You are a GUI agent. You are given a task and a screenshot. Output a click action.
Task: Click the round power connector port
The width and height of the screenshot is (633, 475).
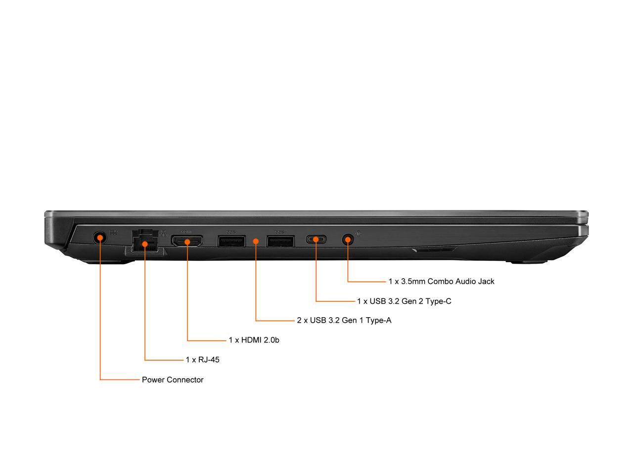tap(100, 238)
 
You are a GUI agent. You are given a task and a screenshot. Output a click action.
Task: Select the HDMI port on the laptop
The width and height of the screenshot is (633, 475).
tap(187, 241)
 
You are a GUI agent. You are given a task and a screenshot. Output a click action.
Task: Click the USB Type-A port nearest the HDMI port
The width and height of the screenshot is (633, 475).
tap(231, 241)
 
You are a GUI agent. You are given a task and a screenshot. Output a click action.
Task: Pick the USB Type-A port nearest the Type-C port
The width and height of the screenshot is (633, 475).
tap(280, 241)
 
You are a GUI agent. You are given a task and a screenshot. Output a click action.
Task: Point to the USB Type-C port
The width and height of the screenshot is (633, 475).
tap(316, 240)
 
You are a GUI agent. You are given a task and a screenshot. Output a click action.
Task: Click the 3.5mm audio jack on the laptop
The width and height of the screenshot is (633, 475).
tap(348, 240)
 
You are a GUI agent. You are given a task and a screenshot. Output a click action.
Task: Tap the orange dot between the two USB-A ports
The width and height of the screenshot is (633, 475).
tap(256, 241)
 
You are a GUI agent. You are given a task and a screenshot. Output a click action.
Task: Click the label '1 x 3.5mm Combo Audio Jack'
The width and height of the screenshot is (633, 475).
tap(441, 282)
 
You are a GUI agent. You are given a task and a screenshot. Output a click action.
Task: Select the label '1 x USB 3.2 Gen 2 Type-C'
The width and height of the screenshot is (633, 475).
tap(404, 301)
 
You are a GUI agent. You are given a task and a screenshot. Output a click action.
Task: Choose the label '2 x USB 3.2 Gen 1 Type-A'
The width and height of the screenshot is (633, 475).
tap(344, 320)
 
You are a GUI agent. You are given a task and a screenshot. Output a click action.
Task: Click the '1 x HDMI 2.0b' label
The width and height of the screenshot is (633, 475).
tap(254, 340)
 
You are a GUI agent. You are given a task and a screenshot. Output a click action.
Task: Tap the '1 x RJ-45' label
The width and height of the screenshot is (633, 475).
tap(202, 360)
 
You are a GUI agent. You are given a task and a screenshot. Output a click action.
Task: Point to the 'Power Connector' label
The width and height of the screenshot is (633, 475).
tap(173, 380)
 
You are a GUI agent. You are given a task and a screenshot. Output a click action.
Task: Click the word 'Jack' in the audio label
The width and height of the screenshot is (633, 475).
tap(486, 282)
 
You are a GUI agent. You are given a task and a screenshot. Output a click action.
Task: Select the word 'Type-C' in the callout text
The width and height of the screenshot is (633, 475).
tap(439, 301)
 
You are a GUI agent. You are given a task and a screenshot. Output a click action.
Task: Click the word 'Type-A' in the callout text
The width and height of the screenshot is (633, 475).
tap(379, 320)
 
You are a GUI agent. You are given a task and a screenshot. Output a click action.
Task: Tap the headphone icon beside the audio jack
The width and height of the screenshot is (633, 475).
tap(358, 234)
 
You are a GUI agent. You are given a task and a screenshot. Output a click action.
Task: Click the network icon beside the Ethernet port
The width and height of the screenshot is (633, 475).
tap(163, 233)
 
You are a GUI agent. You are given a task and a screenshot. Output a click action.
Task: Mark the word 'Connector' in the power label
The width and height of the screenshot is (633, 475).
tap(185, 380)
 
